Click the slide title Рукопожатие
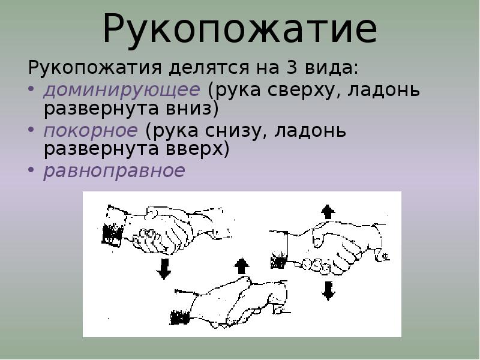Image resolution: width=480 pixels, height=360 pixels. (x=240, y=28)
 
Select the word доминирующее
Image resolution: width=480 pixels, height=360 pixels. (x=122, y=90)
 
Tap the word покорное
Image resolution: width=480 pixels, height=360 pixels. (x=91, y=130)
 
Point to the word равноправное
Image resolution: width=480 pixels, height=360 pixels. (x=114, y=170)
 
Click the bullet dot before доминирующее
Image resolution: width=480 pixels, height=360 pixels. (x=32, y=91)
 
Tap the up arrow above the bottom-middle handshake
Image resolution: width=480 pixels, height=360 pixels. (x=241, y=265)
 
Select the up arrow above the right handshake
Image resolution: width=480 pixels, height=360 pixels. (x=328, y=212)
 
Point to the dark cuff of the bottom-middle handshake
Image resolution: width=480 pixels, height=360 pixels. (x=178, y=317)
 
